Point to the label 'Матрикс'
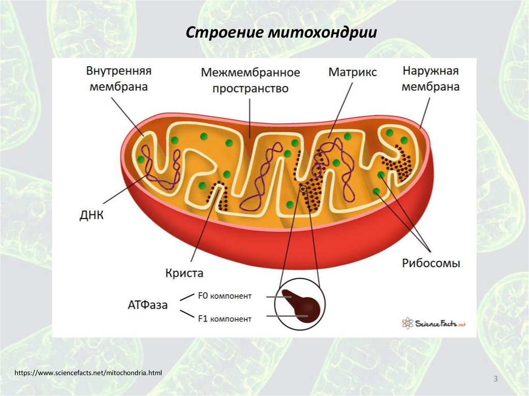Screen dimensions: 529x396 [352, 71]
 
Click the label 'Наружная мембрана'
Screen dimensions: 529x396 [431, 78]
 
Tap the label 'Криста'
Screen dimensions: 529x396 [184, 273]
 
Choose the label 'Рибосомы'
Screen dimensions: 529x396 [431, 263]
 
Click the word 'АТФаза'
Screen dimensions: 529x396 [148, 305]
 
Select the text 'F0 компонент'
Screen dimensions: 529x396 [224, 296]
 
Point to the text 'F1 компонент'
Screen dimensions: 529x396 [224, 319]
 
